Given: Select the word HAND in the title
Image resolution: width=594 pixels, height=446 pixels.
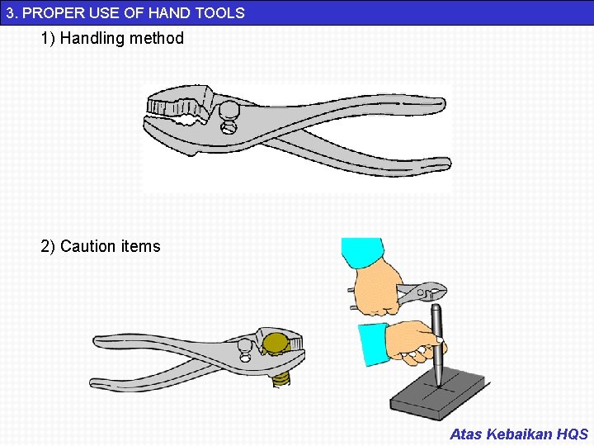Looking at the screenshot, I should pos(165,12).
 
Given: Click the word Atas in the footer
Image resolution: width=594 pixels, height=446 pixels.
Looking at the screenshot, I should pos(465,434).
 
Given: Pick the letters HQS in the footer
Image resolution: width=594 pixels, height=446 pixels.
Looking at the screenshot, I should pos(573,434).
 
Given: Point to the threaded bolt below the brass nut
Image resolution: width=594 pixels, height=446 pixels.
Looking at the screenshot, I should pos(280,377).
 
